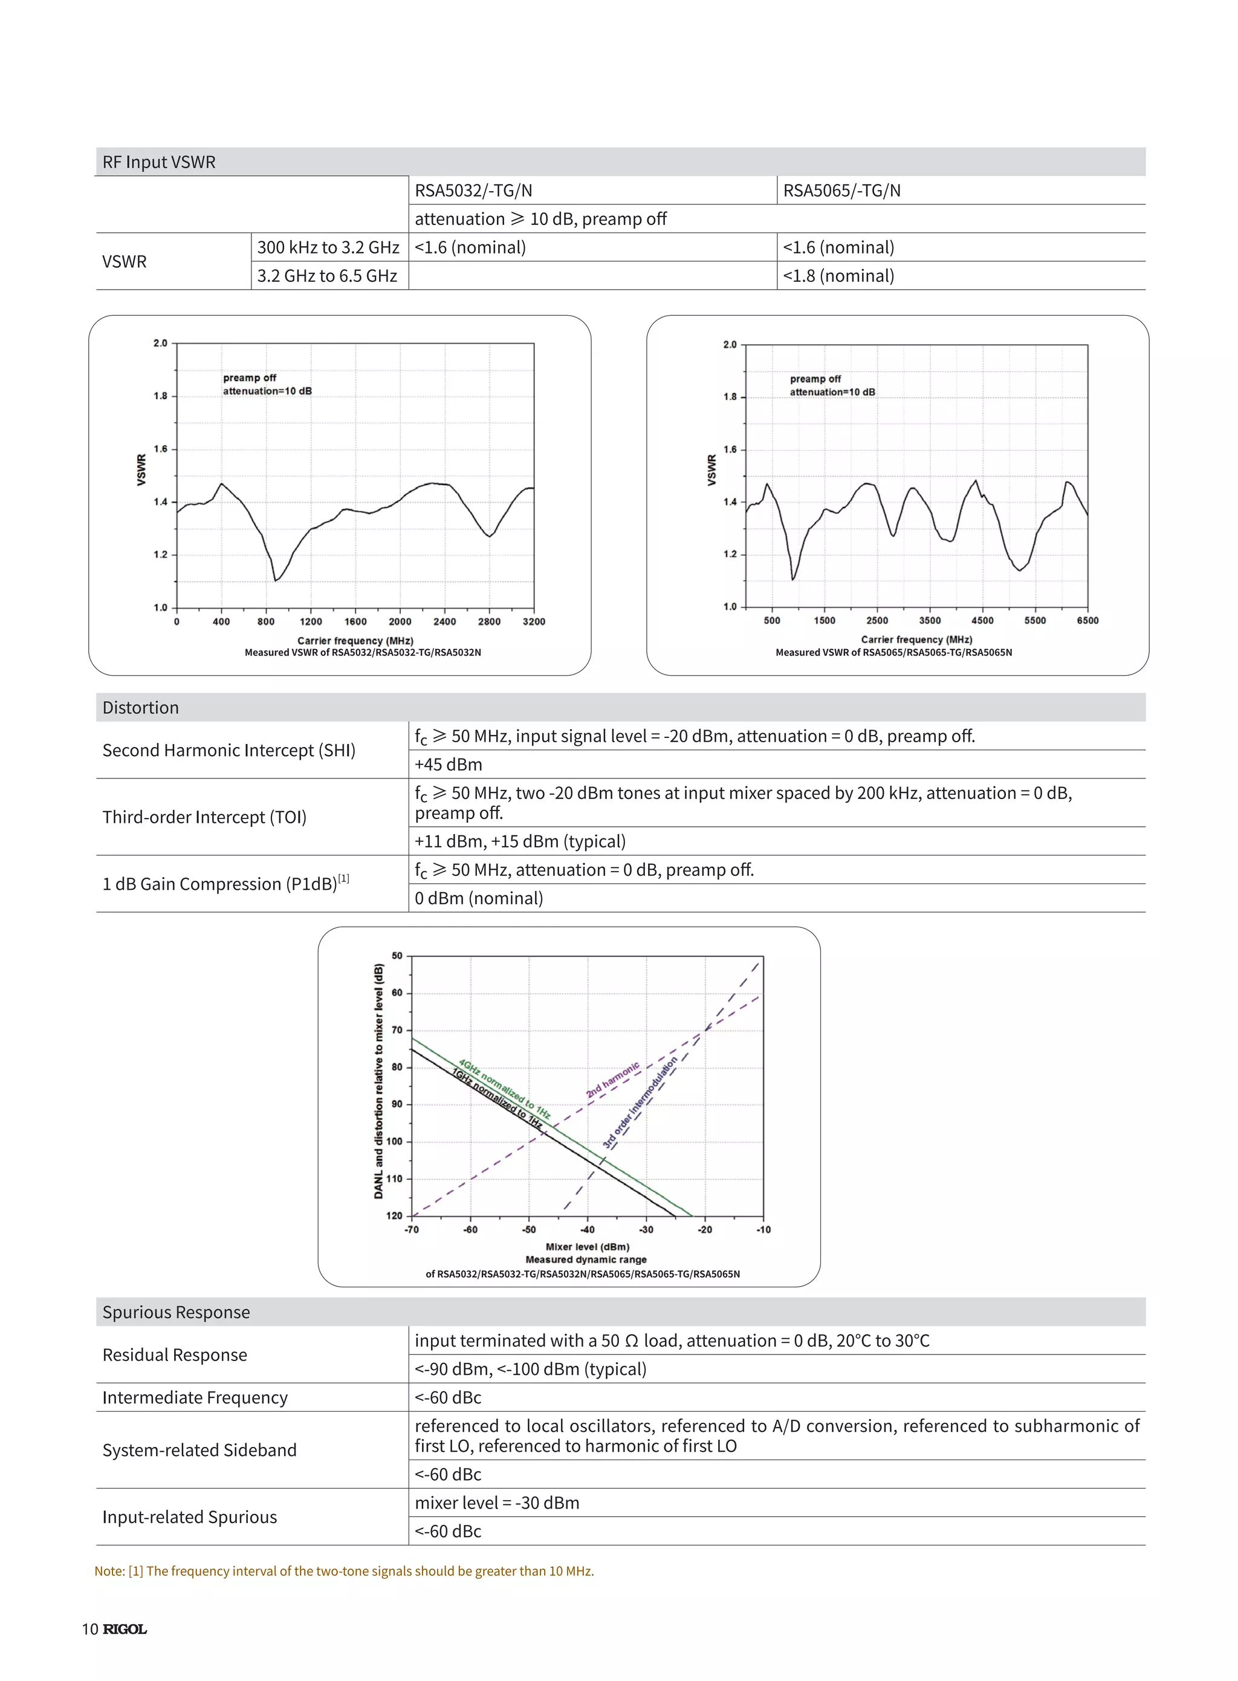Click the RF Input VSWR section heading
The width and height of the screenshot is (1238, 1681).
(x=159, y=162)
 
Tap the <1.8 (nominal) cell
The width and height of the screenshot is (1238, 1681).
(x=838, y=276)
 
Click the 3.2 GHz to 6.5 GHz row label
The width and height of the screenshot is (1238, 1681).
(x=327, y=276)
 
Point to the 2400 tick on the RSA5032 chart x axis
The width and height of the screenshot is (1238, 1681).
(x=444, y=622)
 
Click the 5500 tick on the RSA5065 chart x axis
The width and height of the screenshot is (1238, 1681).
(x=1035, y=621)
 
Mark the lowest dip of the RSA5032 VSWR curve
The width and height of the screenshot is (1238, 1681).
(x=276, y=579)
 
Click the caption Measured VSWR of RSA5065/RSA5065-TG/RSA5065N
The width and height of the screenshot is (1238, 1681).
(x=893, y=652)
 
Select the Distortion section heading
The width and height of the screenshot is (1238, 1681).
(x=141, y=708)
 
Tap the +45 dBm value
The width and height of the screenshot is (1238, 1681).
(x=448, y=765)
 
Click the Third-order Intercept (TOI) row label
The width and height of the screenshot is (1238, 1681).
(x=204, y=817)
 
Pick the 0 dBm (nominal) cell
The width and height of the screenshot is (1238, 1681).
(x=479, y=898)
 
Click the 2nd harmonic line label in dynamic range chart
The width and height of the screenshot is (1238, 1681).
(x=613, y=1080)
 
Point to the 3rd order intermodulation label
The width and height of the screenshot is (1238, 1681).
(x=640, y=1103)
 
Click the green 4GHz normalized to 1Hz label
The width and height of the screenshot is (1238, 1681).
(x=504, y=1089)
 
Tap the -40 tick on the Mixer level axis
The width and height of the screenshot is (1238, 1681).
(x=588, y=1230)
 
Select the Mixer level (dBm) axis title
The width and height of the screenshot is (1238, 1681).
(x=588, y=1247)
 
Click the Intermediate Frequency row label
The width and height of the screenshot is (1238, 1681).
(x=195, y=1397)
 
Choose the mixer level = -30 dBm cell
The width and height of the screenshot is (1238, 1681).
(x=497, y=1503)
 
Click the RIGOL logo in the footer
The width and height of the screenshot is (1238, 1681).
(x=125, y=1629)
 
